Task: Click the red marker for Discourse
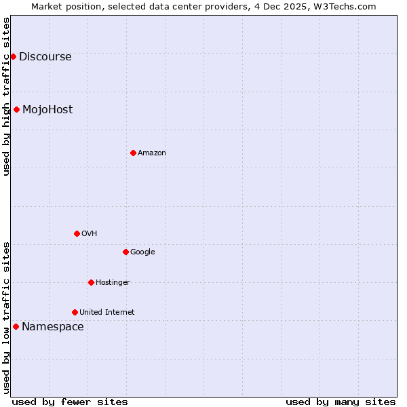(13, 56)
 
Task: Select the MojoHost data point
(16, 109)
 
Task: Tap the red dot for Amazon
(133, 153)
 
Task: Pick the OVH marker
(77, 233)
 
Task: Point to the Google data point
(125, 252)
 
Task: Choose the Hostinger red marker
(91, 282)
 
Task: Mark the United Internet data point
(75, 312)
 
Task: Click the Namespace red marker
(16, 326)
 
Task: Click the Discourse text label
(45, 56)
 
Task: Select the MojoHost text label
(47, 109)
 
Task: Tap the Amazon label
(152, 153)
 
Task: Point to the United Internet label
(106, 312)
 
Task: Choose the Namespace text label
(53, 326)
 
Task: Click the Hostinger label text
(113, 282)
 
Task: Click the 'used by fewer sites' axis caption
(70, 402)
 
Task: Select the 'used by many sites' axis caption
(341, 402)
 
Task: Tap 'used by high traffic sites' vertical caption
(6, 96)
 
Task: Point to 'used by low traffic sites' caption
(6, 317)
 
